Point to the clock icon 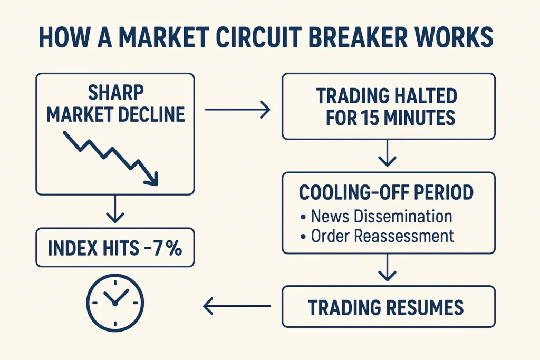tap(115, 303)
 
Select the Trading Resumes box tap(389, 306)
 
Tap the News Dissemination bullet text tap(381, 217)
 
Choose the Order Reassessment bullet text tap(382, 236)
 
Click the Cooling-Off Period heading tap(386, 193)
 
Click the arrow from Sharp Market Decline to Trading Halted tap(237, 110)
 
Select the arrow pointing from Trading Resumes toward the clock tap(237, 305)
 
